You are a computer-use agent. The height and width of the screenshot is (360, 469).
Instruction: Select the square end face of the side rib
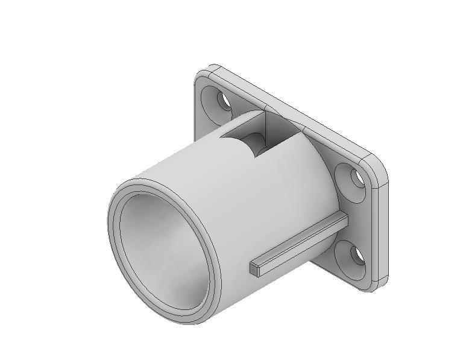tap(254, 270)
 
